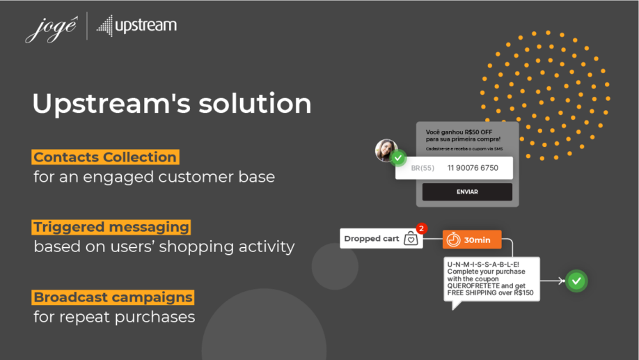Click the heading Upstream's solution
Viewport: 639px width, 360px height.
(x=171, y=104)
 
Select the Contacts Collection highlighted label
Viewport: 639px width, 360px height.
(x=105, y=157)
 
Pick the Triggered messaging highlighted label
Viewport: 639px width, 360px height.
(x=111, y=227)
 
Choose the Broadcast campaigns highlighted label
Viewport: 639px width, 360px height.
(x=113, y=297)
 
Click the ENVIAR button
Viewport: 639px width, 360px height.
(x=467, y=192)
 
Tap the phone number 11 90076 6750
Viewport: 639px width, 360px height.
(x=473, y=168)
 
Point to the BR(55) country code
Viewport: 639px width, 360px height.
(x=423, y=169)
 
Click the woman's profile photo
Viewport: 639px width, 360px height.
(x=386, y=149)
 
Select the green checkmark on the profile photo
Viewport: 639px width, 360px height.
(x=398, y=159)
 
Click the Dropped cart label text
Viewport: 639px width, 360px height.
(x=372, y=239)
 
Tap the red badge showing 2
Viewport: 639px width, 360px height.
(x=421, y=228)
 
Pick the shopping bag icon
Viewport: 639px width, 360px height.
(x=411, y=239)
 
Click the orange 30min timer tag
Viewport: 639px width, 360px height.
(x=472, y=240)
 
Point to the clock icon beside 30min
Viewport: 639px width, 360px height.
(x=454, y=240)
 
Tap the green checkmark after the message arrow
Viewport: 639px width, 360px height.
(x=576, y=281)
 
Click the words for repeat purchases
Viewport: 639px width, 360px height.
(x=114, y=318)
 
